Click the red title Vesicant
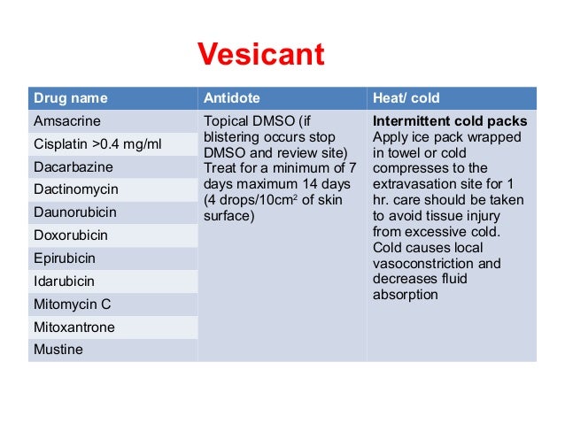260,56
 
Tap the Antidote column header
232,97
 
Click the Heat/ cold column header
406,97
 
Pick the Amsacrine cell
66,120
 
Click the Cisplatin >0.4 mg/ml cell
91,143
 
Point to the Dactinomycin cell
75,189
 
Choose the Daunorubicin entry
74,212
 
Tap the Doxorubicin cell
70,235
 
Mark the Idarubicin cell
64,281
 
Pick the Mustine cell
58,350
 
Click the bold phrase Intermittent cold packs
450,121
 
